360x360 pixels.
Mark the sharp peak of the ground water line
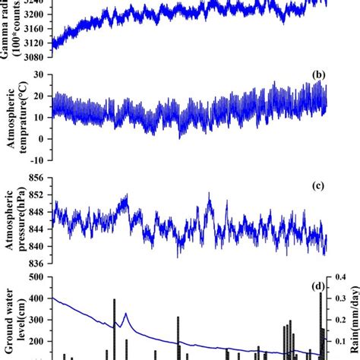[x=125, y=313]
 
